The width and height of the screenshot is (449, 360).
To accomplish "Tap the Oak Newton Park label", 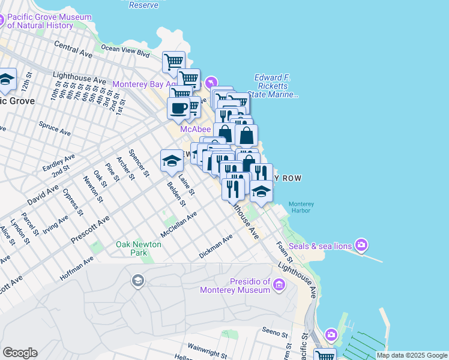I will click(x=139, y=248).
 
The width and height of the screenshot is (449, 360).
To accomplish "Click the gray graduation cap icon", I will click(x=137, y=280).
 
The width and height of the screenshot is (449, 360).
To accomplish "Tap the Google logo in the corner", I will click(x=20, y=353).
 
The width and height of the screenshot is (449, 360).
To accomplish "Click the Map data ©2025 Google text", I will click(x=412, y=355).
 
